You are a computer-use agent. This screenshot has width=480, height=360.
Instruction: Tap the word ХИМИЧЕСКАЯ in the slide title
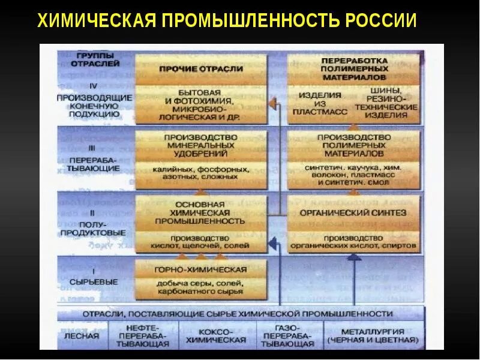tap(96, 21)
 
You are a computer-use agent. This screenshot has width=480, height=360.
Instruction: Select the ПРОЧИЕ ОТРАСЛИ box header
tap(201, 69)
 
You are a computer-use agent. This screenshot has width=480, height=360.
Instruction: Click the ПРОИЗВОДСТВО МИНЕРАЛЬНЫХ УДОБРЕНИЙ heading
tap(201, 145)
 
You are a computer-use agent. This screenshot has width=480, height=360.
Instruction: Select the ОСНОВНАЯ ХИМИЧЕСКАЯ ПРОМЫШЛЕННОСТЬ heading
tap(201, 212)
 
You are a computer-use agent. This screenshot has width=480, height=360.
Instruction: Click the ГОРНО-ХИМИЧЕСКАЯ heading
tap(200, 269)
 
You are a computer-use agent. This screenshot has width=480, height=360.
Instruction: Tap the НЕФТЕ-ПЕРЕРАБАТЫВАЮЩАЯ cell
tap(140, 336)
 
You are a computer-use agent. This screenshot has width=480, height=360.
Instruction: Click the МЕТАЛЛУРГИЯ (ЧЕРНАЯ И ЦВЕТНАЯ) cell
tap(372, 336)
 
